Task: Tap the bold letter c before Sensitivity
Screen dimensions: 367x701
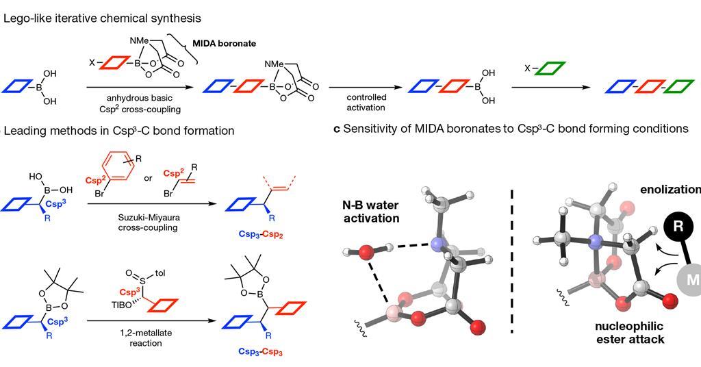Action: coord(337,129)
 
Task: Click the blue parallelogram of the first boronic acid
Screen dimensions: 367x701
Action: coord(18,86)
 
